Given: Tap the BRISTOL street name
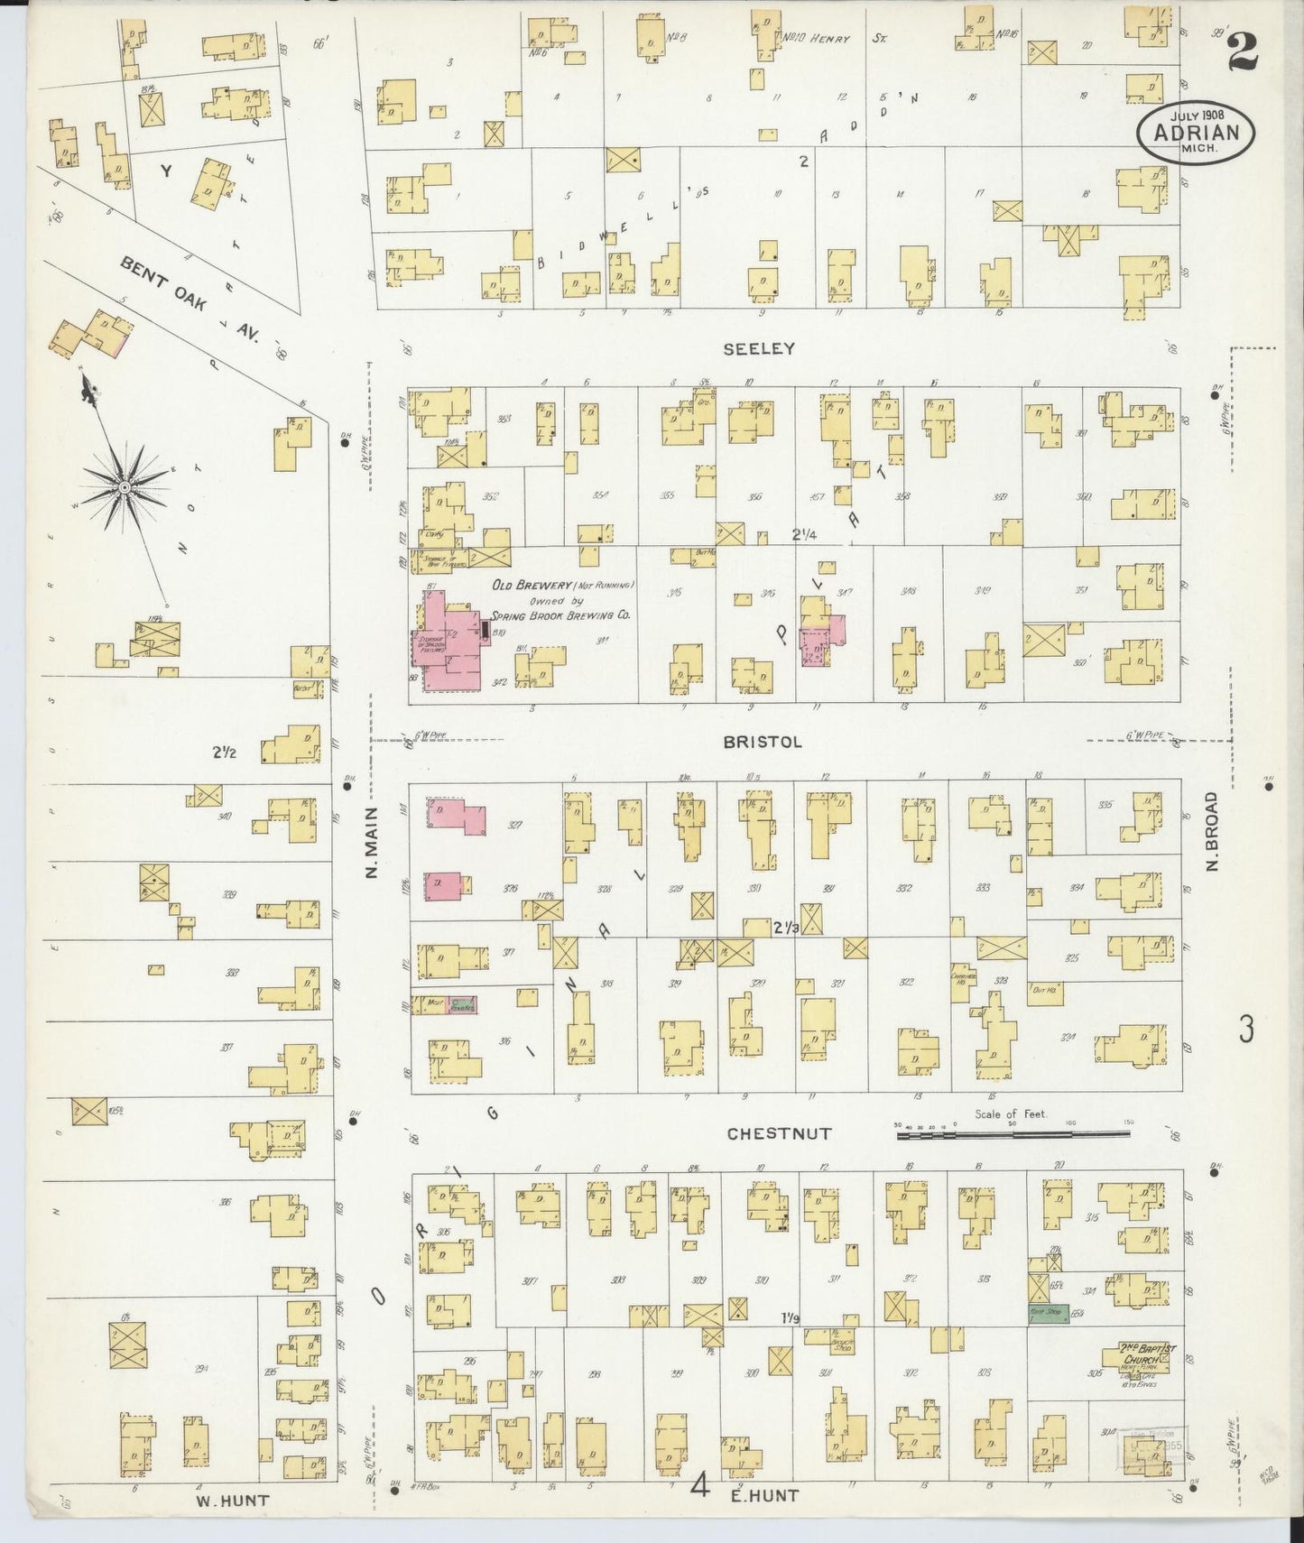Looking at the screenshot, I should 763,742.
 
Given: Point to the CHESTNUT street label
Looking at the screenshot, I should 779,1134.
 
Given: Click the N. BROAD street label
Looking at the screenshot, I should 1213,831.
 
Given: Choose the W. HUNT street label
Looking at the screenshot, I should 232,1500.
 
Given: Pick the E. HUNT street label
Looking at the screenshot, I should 763,1495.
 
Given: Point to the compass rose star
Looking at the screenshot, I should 127,487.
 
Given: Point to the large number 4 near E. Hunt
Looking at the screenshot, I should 700,1484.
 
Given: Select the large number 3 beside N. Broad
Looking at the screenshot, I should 1246,1029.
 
